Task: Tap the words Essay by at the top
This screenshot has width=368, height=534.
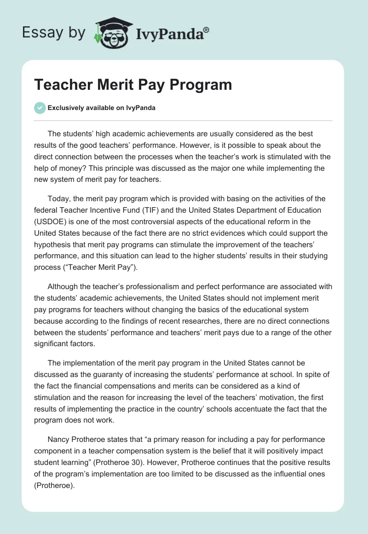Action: click(53, 33)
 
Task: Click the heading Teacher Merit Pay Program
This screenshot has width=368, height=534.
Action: click(133, 85)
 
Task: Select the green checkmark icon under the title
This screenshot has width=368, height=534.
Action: click(40, 108)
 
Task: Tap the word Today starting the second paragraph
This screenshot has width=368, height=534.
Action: click(59, 199)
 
